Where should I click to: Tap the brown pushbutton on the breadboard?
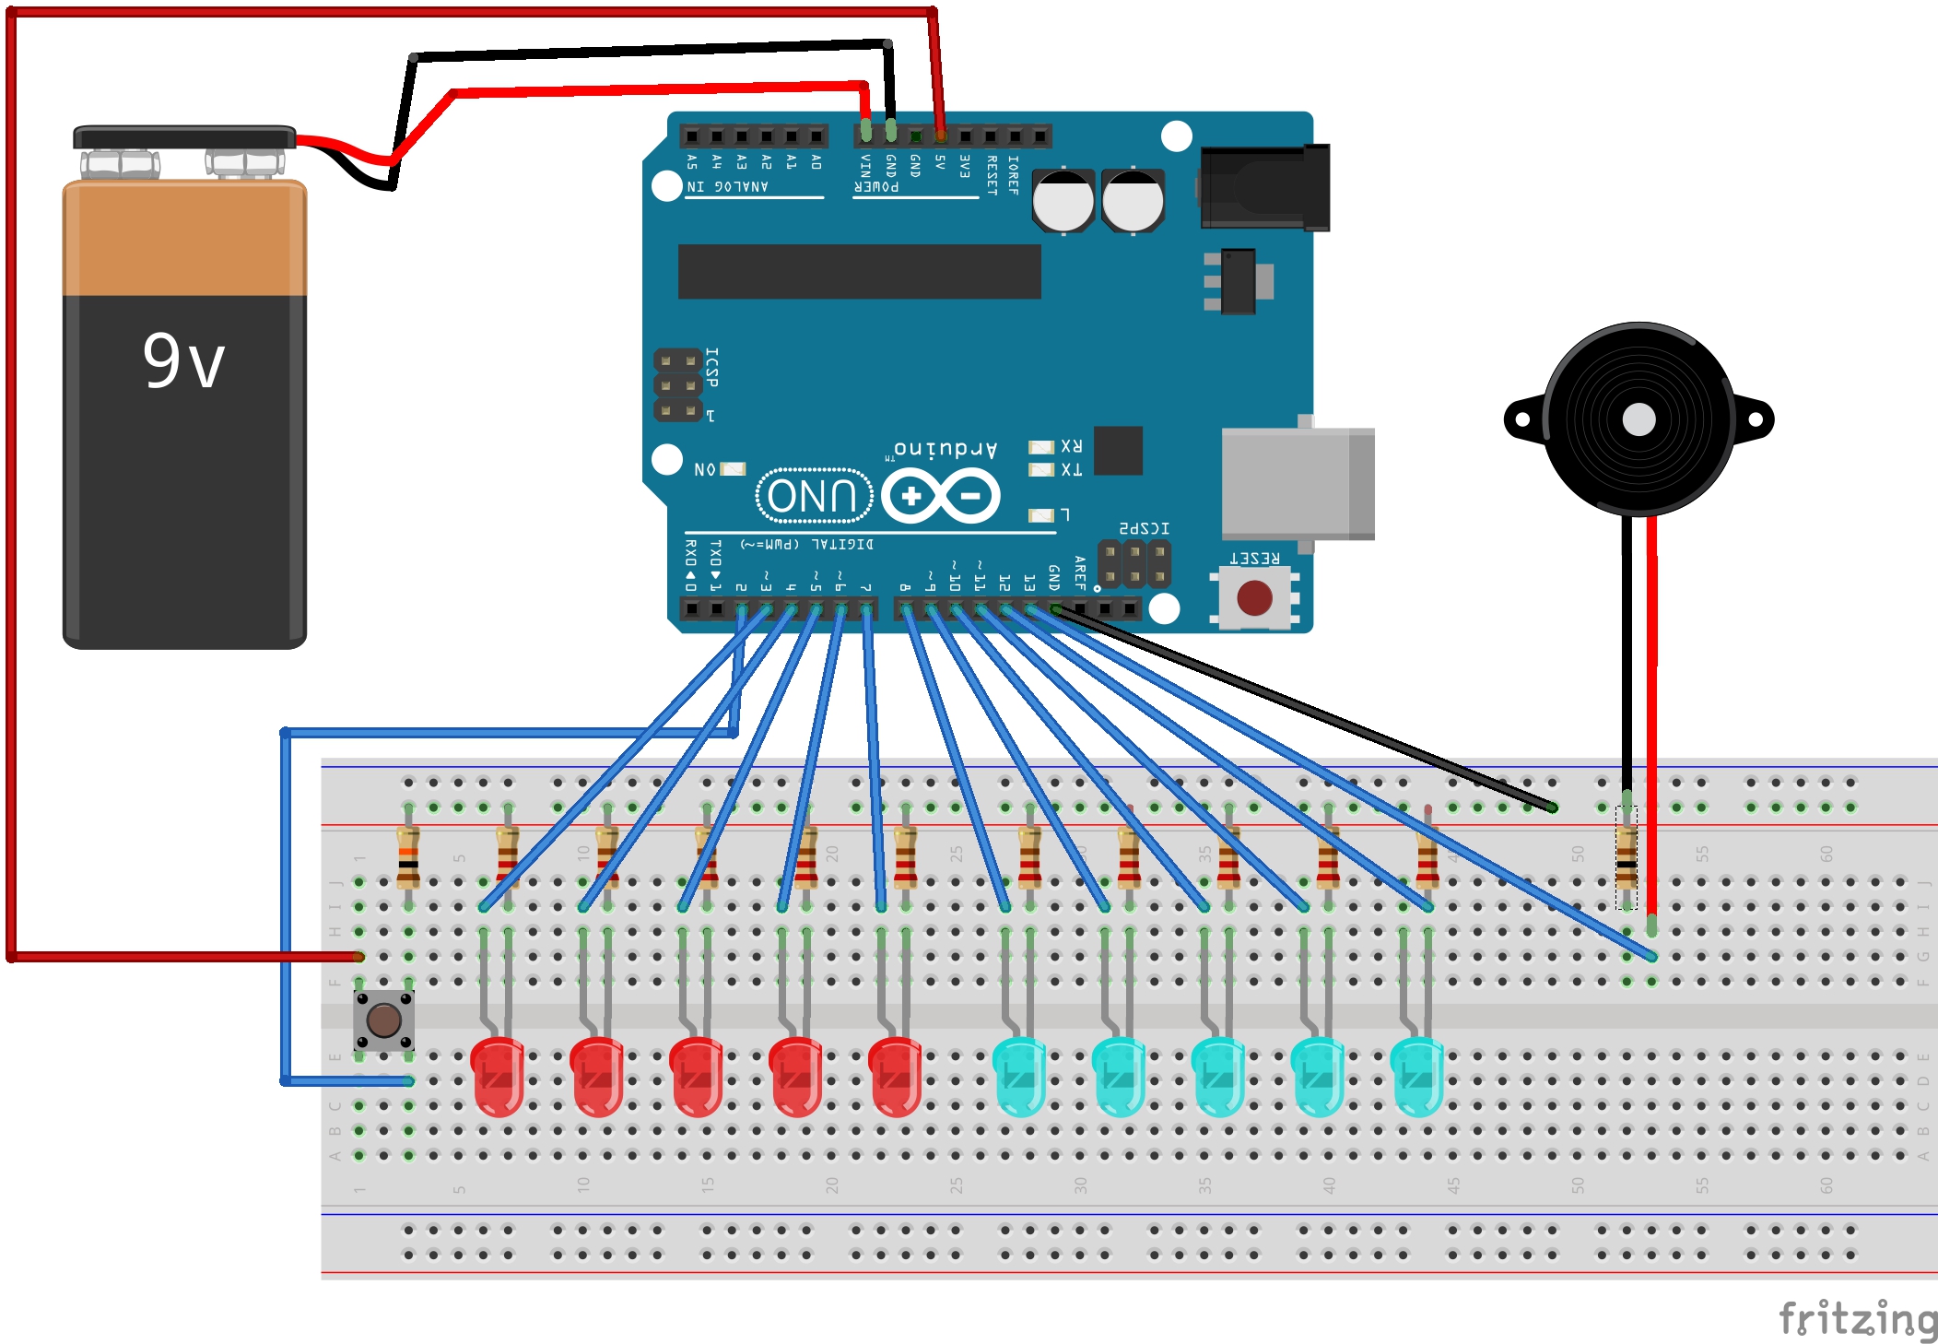tap(383, 1020)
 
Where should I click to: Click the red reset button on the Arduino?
tap(1254, 597)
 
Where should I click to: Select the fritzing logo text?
tap(1857, 1318)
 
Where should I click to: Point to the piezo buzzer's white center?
tap(1638, 419)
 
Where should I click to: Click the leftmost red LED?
tap(498, 1076)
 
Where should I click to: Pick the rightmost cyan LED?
tap(1416, 1076)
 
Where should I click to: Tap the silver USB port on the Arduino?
tap(1298, 483)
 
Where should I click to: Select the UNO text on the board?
tap(813, 496)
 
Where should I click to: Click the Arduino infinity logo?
tap(940, 496)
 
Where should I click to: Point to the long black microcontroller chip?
tap(859, 271)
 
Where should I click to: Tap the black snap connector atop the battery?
tap(184, 137)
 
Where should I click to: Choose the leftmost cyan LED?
tap(1019, 1076)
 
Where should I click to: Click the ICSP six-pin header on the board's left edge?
tap(677, 385)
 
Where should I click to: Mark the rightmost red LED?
tap(895, 1076)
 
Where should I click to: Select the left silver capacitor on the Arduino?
tap(1063, 200)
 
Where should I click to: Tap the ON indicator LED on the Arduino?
tap(733, 469)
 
